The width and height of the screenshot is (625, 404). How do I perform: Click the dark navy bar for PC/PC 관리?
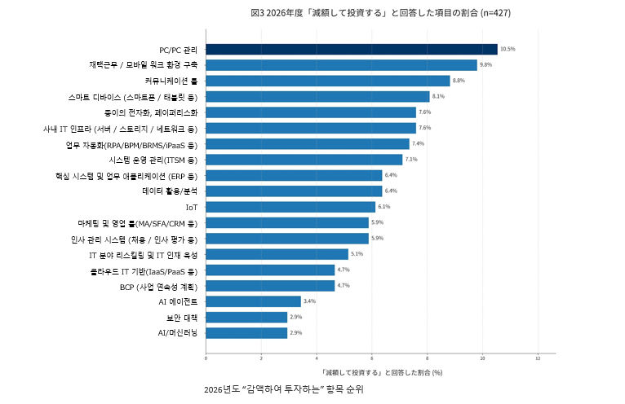(x=351, y=50)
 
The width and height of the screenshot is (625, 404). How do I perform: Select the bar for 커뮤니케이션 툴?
(x=327, y=81)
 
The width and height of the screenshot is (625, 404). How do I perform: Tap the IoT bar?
(x=290, y=207)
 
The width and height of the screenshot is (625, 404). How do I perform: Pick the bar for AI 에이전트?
(x=253, y=301)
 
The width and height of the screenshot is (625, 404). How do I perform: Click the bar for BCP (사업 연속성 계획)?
(x=270, y=286)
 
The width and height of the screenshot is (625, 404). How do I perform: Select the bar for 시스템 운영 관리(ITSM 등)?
(x=304, y=160)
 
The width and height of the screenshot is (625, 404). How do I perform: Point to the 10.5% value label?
(x=508, y=50)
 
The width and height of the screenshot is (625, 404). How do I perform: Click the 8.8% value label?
(x=459, y=81)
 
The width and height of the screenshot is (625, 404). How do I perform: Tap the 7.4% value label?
(x=441, y=144)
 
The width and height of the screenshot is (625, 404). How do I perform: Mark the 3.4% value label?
(x=309, y=301)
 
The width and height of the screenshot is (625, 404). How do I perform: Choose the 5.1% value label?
(x=357, y=254)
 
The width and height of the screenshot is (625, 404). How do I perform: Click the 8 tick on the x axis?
(x=428, y=358)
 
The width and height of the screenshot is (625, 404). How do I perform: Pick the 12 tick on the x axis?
(x=539, y=358)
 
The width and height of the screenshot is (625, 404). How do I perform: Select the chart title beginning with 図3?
(x=381, y=13)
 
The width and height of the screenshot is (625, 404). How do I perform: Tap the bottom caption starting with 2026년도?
(x=284, y=390)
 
